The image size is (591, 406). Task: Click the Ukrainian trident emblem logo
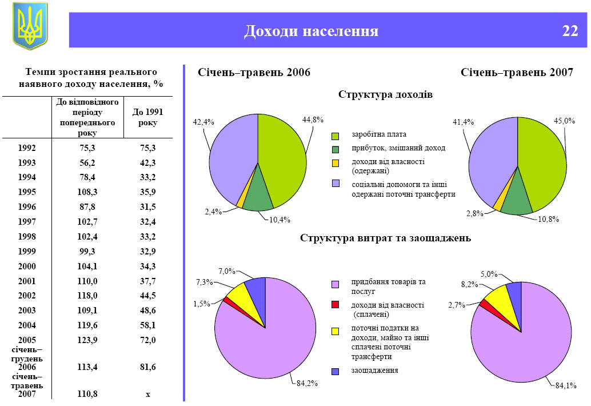30,26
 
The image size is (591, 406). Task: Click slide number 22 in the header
570,30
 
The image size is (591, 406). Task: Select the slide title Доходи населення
311,31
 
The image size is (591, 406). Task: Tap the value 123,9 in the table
88,340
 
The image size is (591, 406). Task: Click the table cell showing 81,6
147,367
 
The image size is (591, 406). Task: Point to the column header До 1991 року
147,117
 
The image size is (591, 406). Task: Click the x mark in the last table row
147,393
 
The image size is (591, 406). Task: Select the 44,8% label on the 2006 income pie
313,120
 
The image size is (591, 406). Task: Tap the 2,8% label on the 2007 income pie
474,213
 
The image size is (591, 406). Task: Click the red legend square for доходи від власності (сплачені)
336,305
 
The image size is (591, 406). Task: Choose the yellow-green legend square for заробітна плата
336,136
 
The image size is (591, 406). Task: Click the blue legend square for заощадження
336,371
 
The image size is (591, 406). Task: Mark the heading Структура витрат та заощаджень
385,238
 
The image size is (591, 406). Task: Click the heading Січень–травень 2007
517,73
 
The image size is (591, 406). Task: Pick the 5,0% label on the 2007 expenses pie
489,274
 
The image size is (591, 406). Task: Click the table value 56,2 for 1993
88,162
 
